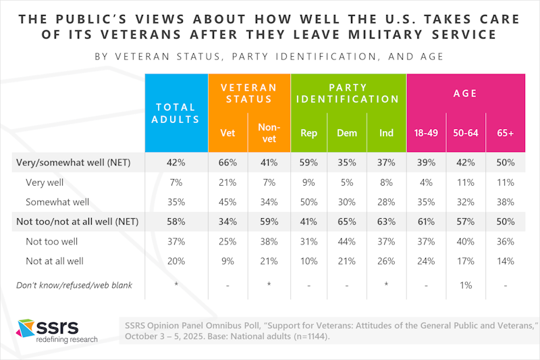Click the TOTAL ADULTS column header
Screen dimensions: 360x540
[176, 113]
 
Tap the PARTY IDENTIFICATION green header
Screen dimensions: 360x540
[348, 93]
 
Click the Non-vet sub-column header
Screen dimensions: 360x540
[269, 133]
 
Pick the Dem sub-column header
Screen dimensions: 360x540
[347, 133]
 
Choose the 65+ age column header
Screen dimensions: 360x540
[506, 133]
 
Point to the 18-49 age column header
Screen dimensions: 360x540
[426, 133]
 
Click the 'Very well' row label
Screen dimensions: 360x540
[45, 182]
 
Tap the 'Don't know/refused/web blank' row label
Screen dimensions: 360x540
[75, 285]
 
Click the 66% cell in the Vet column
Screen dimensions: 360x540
[228, 163]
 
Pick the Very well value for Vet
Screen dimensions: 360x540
[228, 182]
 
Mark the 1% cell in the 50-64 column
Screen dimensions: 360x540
[466, 285]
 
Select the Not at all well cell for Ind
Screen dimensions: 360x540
[386, 261]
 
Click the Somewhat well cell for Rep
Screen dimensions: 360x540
[308, 202]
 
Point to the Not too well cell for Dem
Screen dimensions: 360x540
[347, 241]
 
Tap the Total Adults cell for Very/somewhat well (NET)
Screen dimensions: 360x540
[176, 163]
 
